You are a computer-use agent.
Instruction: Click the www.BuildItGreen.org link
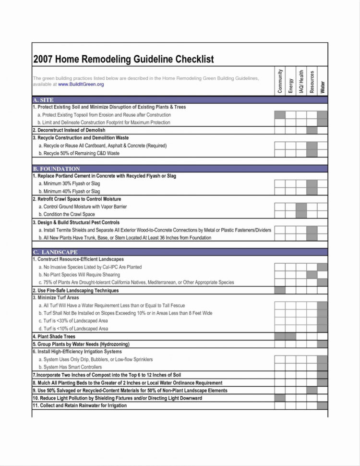81,85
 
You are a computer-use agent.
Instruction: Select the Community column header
280,81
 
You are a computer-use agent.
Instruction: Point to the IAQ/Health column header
301,81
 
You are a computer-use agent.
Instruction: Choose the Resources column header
312,81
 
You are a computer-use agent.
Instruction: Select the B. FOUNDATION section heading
56,169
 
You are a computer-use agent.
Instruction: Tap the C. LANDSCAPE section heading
55,252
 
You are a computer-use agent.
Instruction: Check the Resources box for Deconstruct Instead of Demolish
312,130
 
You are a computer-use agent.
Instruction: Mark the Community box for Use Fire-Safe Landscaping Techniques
280,291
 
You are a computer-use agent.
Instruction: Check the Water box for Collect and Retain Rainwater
322,406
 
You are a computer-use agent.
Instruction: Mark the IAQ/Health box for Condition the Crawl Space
301,214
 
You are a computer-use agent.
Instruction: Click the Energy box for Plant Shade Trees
290,337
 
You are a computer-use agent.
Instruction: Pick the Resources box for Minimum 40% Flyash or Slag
312,191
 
